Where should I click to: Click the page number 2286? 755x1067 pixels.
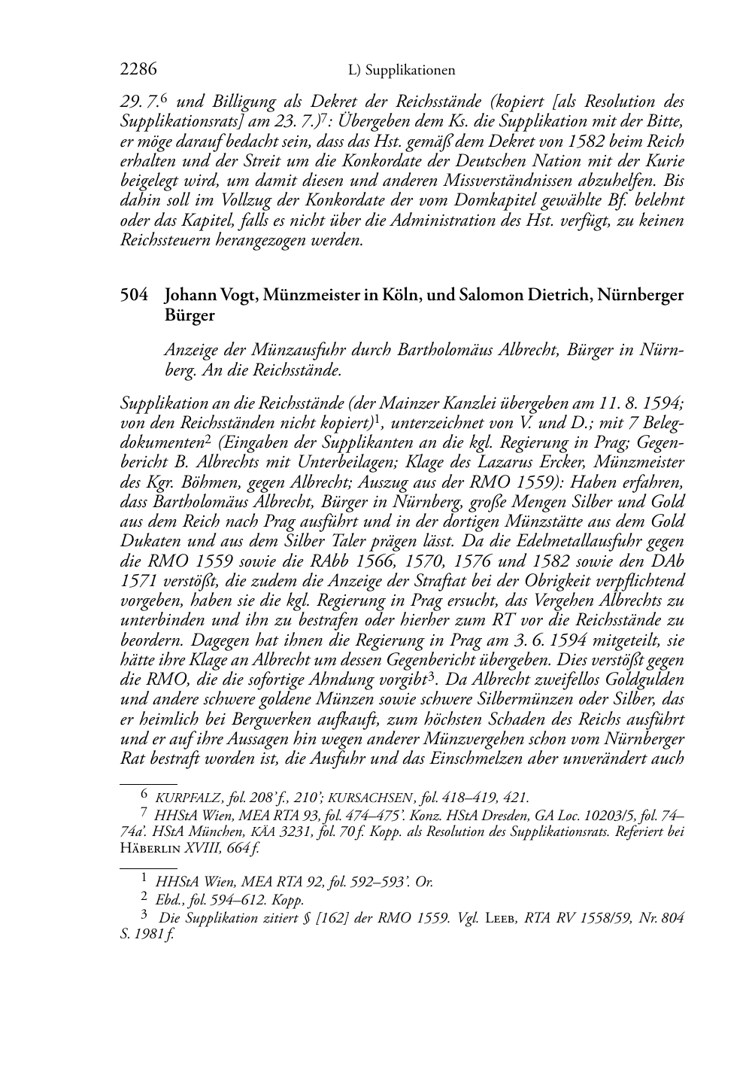(138, 69)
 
